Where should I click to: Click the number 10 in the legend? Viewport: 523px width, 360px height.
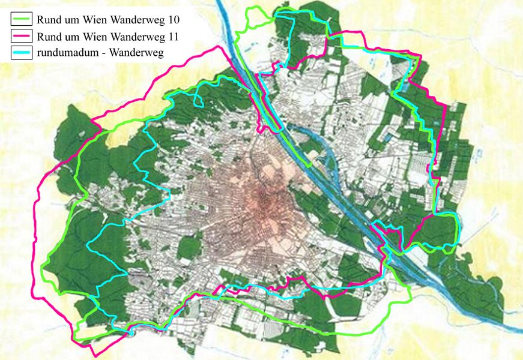point(175,20)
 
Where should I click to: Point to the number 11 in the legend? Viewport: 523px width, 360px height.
point(175,37)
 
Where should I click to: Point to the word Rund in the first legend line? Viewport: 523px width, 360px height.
point(47,20)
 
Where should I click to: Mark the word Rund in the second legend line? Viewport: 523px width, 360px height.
point(47,37)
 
